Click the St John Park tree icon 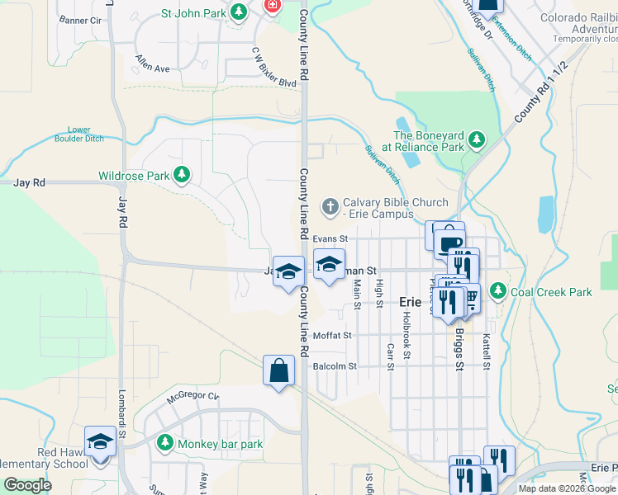(x=239, y=12)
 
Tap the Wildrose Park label (x=133, y=176)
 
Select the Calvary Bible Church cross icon (x=330, y=205)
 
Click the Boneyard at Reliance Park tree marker (x=477, y=140)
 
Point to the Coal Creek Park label (x=552, y=291)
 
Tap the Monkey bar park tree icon (x=165, y=444)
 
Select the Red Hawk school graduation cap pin (x=100, y=441)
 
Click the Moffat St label (x=333, y=336)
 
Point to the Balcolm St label (x=335, y=366)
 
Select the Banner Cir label (x=80, y=19)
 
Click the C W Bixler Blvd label (x=274, y=70)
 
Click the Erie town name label (x=411, y=302)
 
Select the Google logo (x=28, y=485)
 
